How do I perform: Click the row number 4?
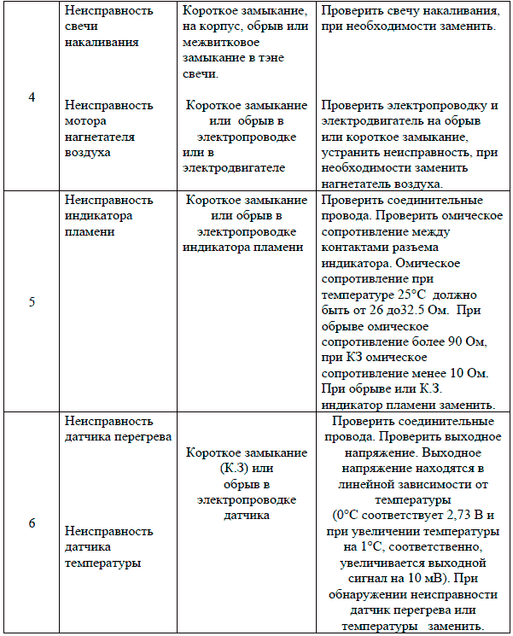point(32,97)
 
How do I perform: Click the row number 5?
point(32,301)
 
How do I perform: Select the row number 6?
point(32,523)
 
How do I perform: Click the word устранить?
point(352,152)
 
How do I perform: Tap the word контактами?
point(352,248)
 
